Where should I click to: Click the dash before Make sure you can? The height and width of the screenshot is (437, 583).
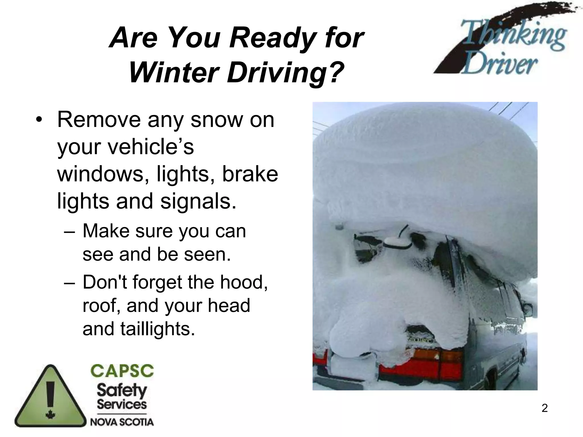tap(70, 231)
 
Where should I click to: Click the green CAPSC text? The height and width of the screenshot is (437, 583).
tap(122, 371)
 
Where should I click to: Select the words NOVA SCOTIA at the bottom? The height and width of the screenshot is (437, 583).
tap(122, 422)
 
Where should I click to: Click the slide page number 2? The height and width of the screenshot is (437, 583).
tap(544, 408)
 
